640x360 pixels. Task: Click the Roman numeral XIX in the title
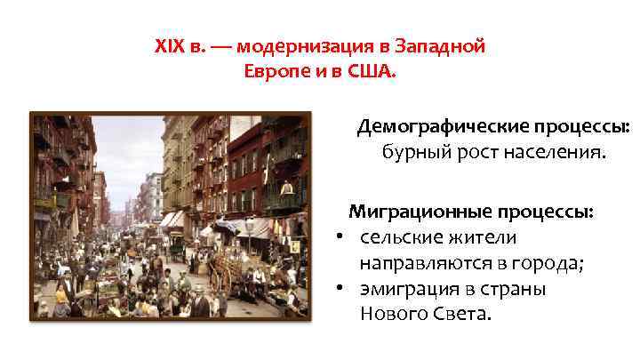point(170,47)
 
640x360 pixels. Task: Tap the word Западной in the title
point(443,47)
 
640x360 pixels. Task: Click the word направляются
point(421,263)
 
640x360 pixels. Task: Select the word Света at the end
point(460,314)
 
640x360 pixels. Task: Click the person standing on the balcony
point(286,188)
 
